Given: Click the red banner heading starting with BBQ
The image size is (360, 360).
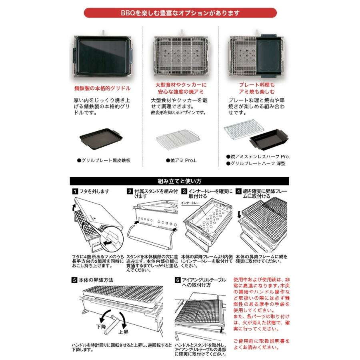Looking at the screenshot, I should click(x=180, y=13).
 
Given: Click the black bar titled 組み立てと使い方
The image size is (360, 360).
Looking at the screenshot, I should click(x=180, y=181).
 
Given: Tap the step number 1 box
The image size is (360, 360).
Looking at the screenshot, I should click(x=74, y=191).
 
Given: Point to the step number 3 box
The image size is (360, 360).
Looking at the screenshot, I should click(x=184, y=191).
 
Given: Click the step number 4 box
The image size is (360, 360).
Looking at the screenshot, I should click(x=238, y=191).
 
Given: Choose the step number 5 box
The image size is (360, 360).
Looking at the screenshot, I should click(x=74, y=280).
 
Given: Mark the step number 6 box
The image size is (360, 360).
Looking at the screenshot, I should click(x=178, y=280).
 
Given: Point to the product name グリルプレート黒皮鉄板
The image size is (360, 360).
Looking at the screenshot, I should click(x=104, y=160).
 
